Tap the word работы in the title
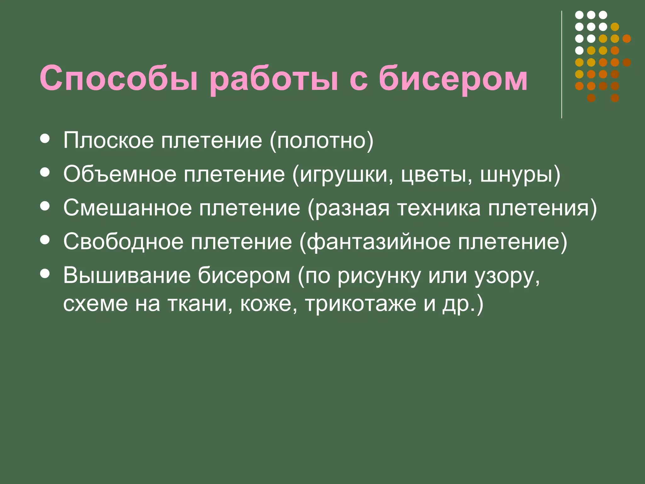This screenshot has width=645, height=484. pyautogui.click(x=273, y=79)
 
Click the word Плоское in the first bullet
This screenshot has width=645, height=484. pyautogui.click(x=108, y=140)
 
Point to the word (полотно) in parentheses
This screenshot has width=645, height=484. pyautogui.click(x=321, y=141)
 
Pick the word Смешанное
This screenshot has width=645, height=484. pyautogui.click(x=128, y=208)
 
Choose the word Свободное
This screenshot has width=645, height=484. pyautogui.click(x=123, y=242)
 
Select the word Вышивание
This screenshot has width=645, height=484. pyautogui.click(x=127, y=275)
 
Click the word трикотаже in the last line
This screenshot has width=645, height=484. pyautogui.click(x=361, y=304)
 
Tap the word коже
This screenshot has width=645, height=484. pyautogui.click(x=268, y=304)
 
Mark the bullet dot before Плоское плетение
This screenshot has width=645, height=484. pyautogui.click(x=45, y=139)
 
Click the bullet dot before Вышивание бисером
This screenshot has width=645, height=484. pyautogui.click(x=45, y=274)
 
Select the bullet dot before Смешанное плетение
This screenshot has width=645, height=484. pyautogui.click(x=45, y=206)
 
